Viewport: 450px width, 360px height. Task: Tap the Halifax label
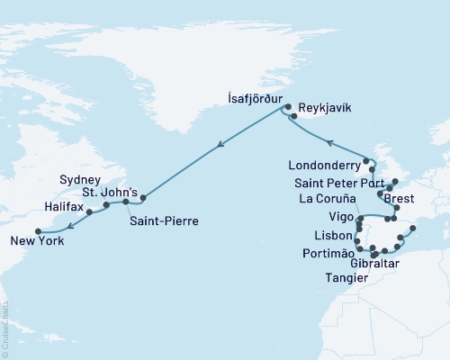(x=63, y=209)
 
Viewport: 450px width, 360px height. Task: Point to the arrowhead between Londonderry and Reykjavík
(x=328, y=141)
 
